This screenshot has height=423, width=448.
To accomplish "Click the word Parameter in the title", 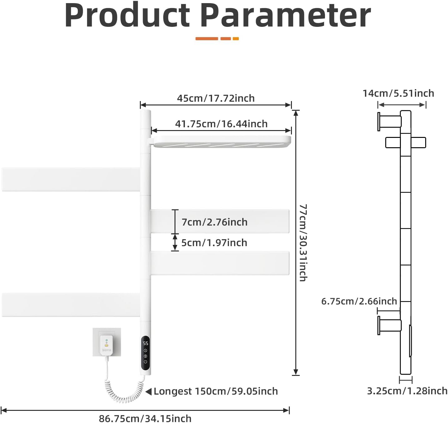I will [285, 16].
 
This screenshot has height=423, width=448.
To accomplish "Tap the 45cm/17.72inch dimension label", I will [216, 98].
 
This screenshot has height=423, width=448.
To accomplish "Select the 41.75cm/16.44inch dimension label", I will [221, 124].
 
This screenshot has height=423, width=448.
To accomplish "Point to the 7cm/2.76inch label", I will [214, 222].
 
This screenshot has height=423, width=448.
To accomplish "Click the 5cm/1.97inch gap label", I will [214, 243].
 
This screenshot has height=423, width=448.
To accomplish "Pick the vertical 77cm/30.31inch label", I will [303, 243].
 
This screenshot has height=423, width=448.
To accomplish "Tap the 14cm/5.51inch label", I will [398, 93].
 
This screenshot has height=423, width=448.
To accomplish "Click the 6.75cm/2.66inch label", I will [359, 301].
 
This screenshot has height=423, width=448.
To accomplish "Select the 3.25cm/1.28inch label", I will [407, 391].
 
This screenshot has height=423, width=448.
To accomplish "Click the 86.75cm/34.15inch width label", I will [145, 418].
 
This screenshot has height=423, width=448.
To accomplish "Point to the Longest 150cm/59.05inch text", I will [216, 391].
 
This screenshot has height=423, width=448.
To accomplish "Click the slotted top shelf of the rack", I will [221, 142].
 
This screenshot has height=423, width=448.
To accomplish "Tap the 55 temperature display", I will [145, 343].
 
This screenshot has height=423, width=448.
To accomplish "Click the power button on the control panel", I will [145, 362].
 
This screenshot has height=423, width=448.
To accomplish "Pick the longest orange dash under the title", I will [207, 39].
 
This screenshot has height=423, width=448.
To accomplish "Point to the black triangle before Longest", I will [149, 391].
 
